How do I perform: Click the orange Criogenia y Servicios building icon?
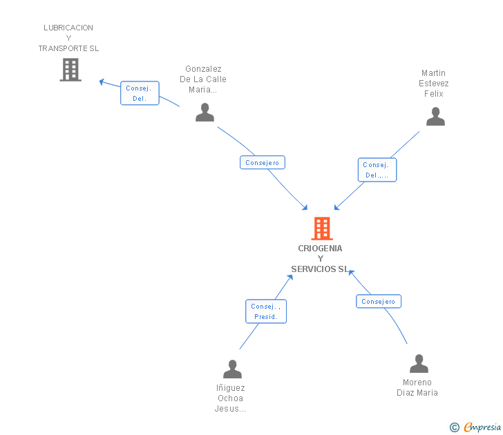coord(322,229)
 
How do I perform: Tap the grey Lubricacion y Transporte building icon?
coord(70,70)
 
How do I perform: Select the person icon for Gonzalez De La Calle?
coord(205,113)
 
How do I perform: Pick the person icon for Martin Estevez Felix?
coord(435,117)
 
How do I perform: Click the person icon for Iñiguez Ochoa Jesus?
coord(232,369)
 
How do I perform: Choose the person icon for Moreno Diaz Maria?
coord(419,364)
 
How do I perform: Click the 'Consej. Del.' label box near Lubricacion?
coord(140,93)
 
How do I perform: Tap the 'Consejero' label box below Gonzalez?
coord(263,163)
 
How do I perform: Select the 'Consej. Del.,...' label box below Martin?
coord(377,170)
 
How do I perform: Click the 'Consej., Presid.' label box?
coord(266,311)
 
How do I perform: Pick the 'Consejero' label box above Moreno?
coord(379,302)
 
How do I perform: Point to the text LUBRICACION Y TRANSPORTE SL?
coord(68,38)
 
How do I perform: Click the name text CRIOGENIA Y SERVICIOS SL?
coord(320,259)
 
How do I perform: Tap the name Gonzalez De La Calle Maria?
coord(203,79)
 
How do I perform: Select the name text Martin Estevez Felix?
coord(434,83)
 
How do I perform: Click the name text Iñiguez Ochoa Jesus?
coord(231,398)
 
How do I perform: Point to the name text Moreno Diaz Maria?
coord(417,387)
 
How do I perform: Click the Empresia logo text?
coord(482,427)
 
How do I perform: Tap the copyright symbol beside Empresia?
coord(455,427)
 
